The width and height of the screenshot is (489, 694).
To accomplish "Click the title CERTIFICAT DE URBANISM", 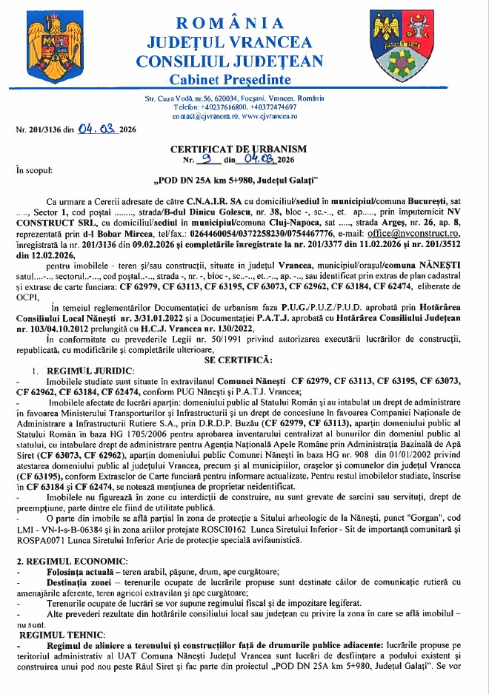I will pyautogui.click(x=244, y=149).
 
